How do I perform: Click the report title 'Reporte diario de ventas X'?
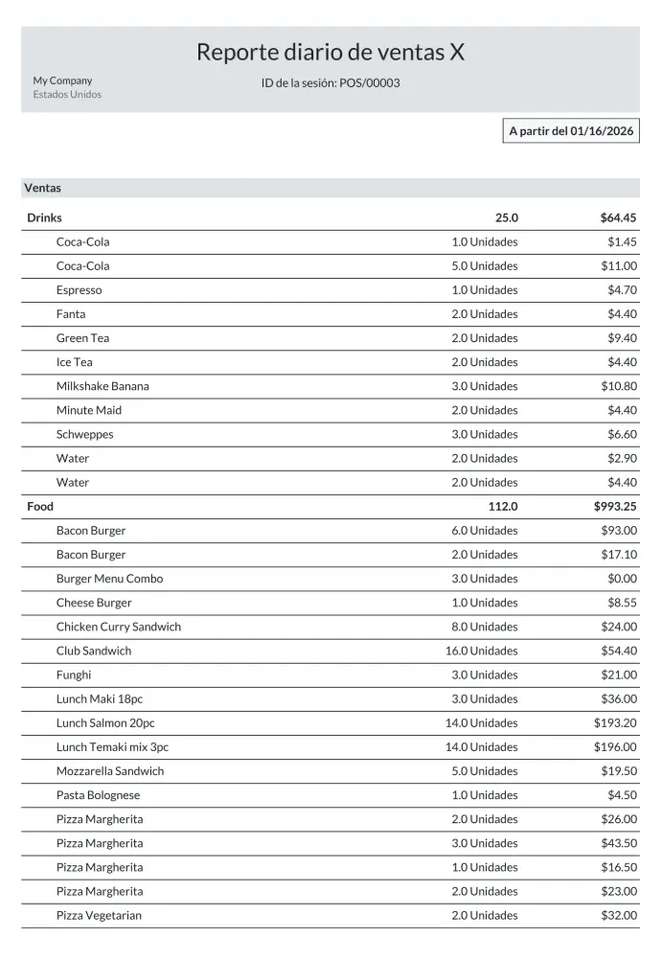(330, 53)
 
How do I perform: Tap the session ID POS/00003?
(370, 83)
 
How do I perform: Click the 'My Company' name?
(62, 80)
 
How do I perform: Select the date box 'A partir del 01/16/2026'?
(571, 131)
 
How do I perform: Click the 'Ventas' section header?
(43, 188)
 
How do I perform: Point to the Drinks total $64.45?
(618, 217)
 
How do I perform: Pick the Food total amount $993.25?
(615, 506)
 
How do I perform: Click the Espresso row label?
(79, 289)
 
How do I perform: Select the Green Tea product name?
(82, 338)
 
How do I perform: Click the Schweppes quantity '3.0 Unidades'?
(484, 434)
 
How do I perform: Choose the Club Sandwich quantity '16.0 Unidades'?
(481, 651)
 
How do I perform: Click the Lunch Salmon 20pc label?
(105, 723)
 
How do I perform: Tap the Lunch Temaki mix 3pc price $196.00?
(615, 747)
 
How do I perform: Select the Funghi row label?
(74, 674)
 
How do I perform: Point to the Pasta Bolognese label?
(98, 795)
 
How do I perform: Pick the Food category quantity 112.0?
(502, 506)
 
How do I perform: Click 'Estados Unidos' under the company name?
(67, 95)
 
